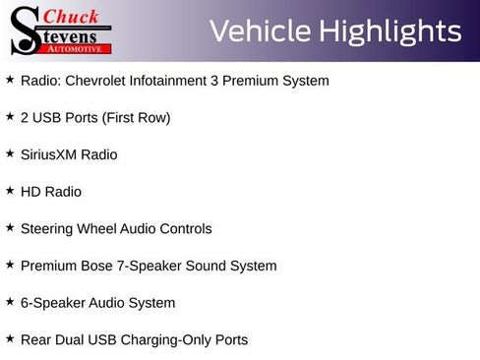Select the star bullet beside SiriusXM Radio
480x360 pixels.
pyautogui.click(x=10, y=153)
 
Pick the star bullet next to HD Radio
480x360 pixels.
pyautogui.click(x=10, y=190)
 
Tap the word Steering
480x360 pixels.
pyautogui.click(x=47, y=229)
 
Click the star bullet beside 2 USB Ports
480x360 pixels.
pyautogui.click(x=10, y=116)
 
